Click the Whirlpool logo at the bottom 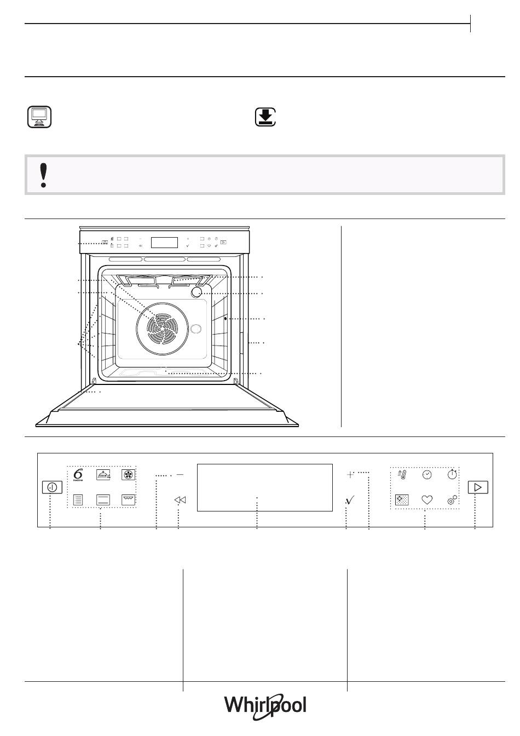[x=265, y=705]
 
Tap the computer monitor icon [x=39, y=117]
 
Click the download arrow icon [x=265, y=117]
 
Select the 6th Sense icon [x=78, y=475]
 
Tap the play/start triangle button [x=477, y=487]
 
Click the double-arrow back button [x=180, y=500]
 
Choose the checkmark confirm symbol [x=350, y=500]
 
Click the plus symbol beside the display [x=350, y=475]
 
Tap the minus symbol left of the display [x=180, y=474]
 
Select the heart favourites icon [x=427, y=499]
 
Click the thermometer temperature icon [x=402, y=475]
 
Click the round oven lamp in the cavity [x=196, y=292]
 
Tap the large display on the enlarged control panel [x=264, y=487]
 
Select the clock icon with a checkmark [x=427, y=475]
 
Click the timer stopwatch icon [x=452, y=474]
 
